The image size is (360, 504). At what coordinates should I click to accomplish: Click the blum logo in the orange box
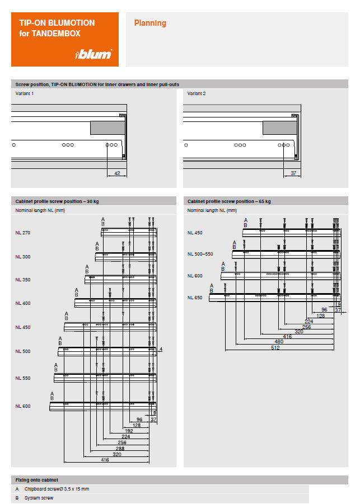[x=94, y=54]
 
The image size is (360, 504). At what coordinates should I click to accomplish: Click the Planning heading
[x=150, y=23]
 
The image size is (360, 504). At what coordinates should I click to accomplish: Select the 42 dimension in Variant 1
[x=117, y=174]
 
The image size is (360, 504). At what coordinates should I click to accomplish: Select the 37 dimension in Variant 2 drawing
[x=293, y=174]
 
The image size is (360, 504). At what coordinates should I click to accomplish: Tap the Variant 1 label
[x=24, y=93]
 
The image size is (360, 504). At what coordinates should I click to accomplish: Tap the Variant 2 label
[x=197, y=93]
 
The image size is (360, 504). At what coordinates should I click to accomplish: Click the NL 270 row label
[x=23, y=232]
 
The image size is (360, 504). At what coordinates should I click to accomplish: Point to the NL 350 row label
[x=23, y=279]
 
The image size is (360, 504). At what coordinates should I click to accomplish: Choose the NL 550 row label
[x=23, y=378]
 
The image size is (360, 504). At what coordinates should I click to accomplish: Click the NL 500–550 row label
[x=200, y=254]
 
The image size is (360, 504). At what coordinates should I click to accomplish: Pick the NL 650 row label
[x=195, y=298]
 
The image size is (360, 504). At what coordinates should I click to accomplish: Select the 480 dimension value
[x=278, y=341]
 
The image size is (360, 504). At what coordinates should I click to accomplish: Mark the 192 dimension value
[x=129, y=431]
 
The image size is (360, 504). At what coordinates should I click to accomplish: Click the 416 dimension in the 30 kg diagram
[x=105, y=460]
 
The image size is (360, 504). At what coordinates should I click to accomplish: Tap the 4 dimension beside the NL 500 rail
[x=160, y=350]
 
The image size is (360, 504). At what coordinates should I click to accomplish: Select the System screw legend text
[x=38, y=497]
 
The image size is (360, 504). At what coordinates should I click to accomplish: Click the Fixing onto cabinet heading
[x=37, y=480]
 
